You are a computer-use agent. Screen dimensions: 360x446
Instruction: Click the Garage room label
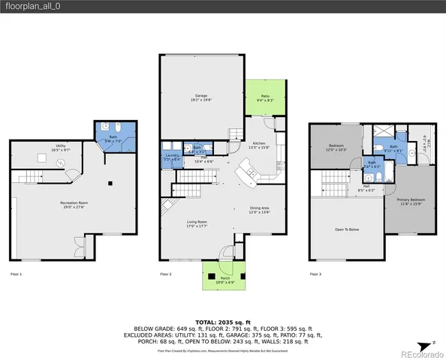click(201, 97)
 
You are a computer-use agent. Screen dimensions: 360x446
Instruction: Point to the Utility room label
click(59, 148)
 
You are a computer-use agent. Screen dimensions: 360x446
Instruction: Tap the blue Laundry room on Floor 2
click(172, 157)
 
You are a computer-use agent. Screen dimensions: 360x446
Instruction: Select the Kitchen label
click(259, 145)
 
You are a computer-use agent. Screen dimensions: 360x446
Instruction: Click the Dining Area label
click(260, 211)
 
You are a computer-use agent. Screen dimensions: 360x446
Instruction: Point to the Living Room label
click(197, 223)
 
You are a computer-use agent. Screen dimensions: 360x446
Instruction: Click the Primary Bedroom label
click(410, 200)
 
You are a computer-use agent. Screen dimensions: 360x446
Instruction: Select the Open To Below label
click(346, 229)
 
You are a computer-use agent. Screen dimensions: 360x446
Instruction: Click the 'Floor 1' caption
click(15, 274)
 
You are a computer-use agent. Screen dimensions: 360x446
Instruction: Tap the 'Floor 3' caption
click(316, 274)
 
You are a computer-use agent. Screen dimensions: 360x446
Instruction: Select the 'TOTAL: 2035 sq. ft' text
click(223, 321)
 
